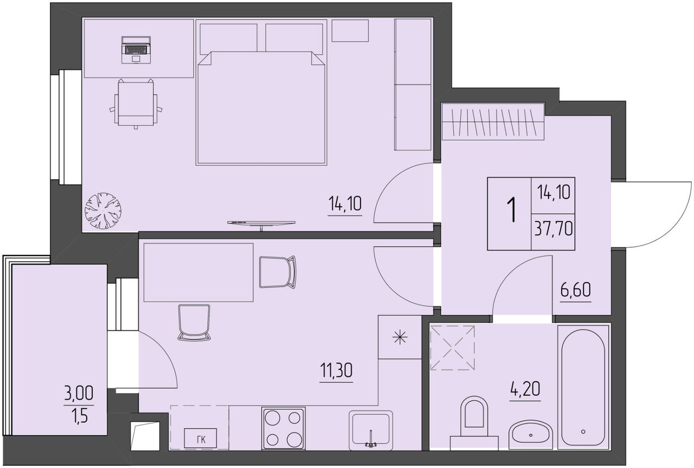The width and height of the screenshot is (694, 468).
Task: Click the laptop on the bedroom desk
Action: (136, 50)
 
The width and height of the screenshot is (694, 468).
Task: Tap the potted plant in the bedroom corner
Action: (103, 211)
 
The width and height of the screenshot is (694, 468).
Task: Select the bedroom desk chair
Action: (136, 104)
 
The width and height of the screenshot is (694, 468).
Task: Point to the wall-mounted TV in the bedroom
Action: (261, 224)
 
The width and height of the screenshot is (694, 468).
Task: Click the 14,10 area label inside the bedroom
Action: (345, 203)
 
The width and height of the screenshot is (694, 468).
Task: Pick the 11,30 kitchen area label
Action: (336, 370)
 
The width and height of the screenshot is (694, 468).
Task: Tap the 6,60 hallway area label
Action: (576, 290)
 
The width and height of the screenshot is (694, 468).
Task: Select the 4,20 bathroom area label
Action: (525, 389)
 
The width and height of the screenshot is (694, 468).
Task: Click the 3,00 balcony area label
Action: (79, 393)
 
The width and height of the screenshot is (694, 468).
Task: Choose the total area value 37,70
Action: (554, 229)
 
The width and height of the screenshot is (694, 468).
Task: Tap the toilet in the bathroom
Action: (474, 424)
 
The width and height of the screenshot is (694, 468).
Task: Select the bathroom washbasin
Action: (531, 434)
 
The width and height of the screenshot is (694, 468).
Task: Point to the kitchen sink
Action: (371, 431)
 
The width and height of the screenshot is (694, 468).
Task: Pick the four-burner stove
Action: (284, 428)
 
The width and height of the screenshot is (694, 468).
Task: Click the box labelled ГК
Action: (201, 438)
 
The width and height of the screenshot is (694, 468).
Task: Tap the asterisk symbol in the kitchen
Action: (400, 337)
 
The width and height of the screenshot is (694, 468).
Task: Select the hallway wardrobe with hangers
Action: (493, 122)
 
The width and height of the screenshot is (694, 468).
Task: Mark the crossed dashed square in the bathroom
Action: (453, 348)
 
